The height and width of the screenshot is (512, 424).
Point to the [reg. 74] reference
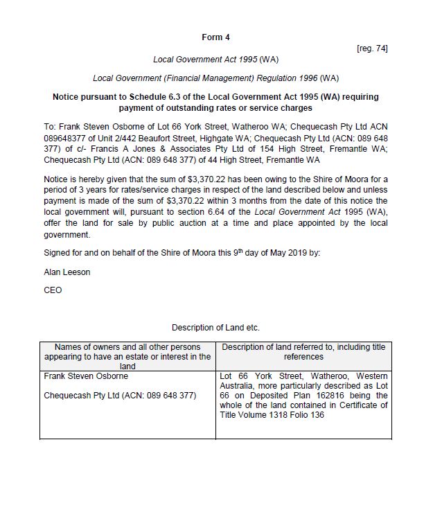(x=372, y=48)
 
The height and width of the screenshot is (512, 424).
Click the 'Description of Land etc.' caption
(x=215, y=327)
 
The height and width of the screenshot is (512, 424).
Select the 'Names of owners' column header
(x=127, y=356)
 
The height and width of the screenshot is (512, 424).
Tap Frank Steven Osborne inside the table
(x=86, y=376)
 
